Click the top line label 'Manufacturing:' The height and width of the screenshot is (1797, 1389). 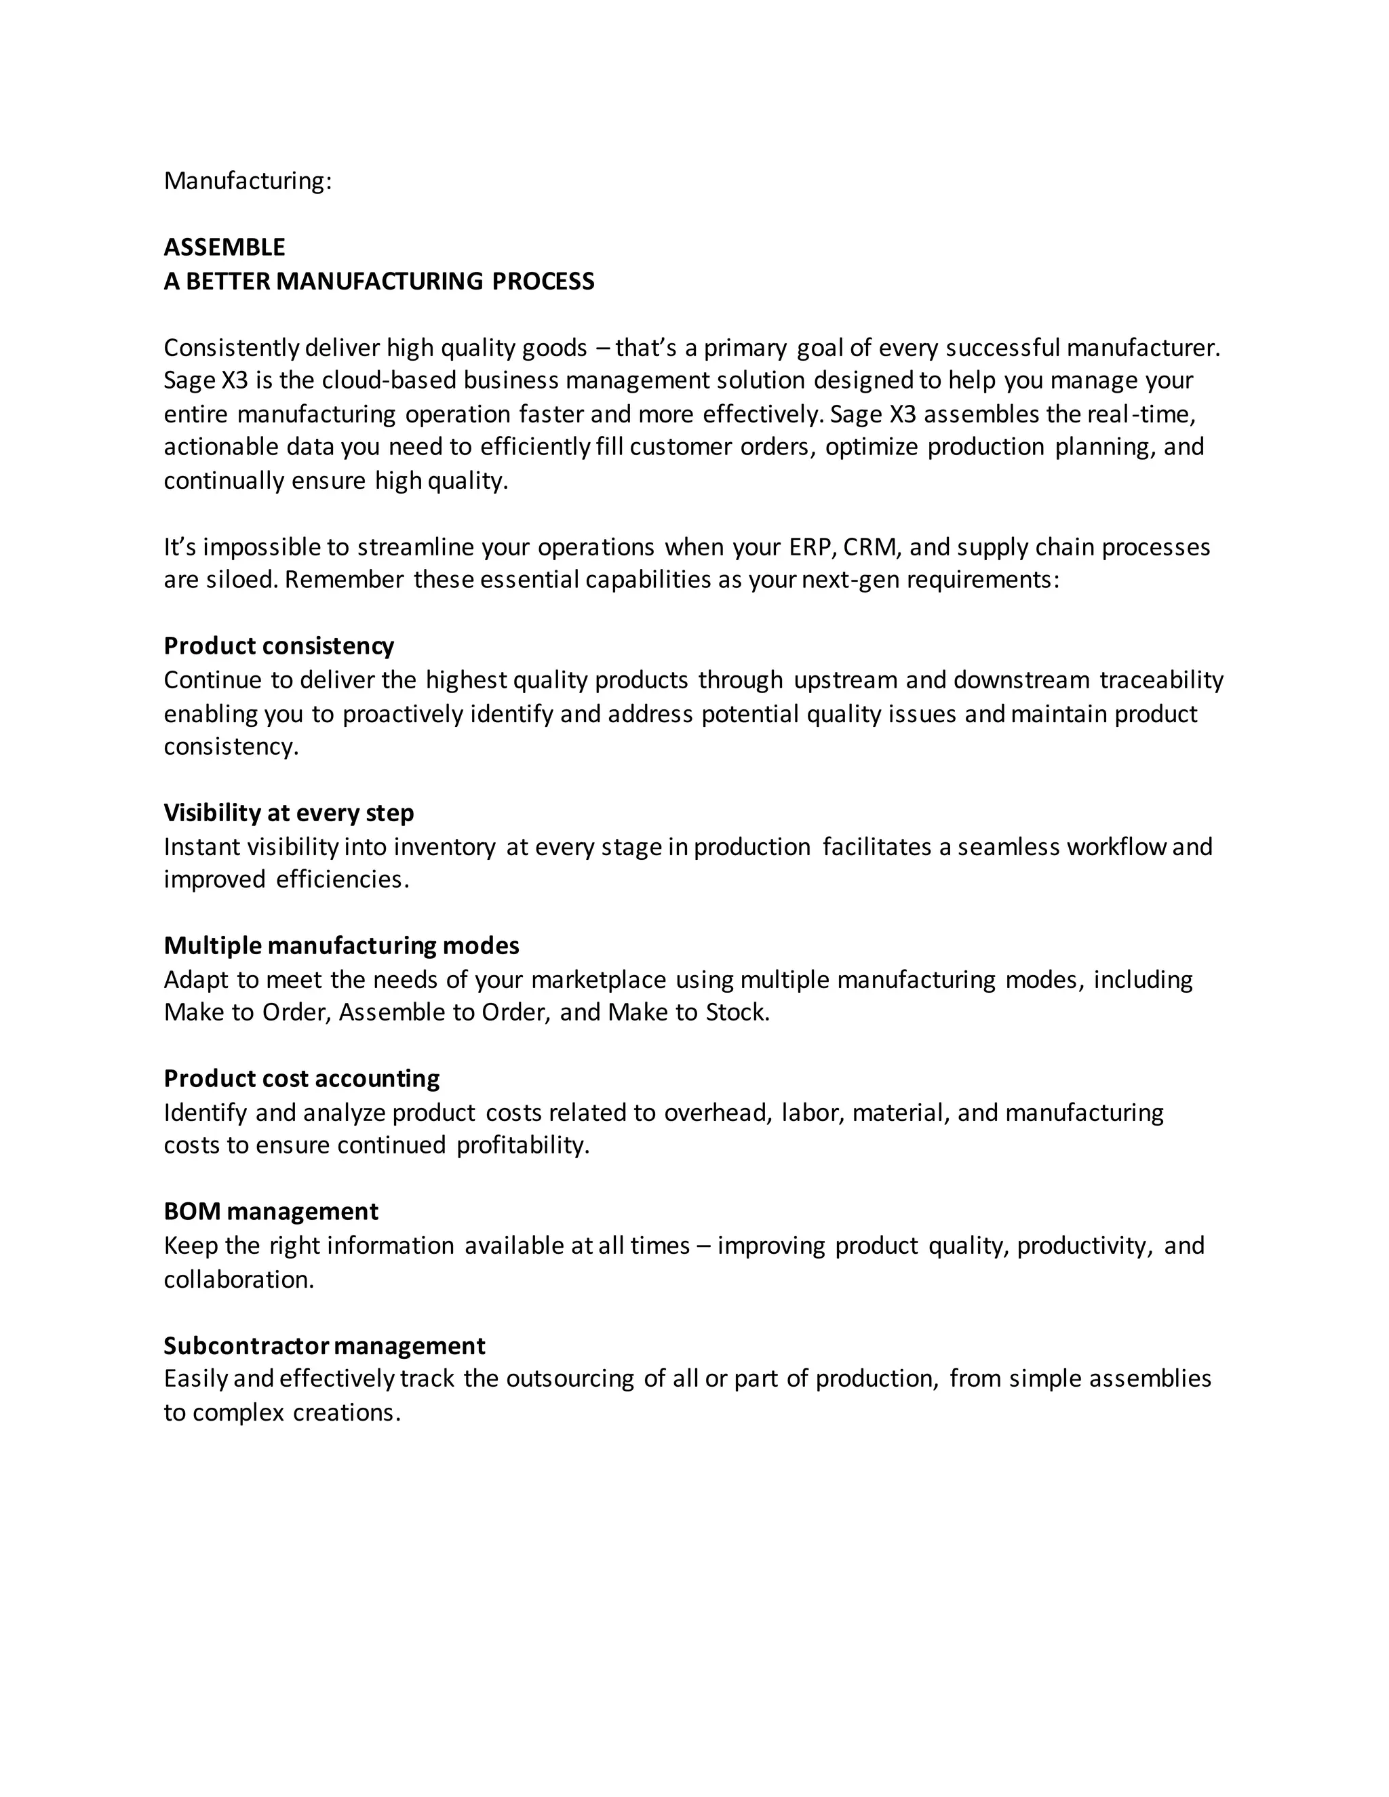coord(247,180)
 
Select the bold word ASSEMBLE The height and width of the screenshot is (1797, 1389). coord(224,247)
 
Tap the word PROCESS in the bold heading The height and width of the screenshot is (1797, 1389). coord(543,281)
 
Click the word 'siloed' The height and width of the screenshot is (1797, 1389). coord(239,580)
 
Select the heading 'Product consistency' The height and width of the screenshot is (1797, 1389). coord(278,646)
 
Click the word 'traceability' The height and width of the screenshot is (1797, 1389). coord(1161,680)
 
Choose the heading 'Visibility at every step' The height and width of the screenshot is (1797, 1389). coord(288,813)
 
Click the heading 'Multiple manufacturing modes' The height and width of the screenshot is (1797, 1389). coord(340,945)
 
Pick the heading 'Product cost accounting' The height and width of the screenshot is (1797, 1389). coord(301,1079)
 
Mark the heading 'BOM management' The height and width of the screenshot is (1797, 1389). coord(271,1211)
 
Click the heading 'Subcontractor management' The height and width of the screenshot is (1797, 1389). coord(324,1345)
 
